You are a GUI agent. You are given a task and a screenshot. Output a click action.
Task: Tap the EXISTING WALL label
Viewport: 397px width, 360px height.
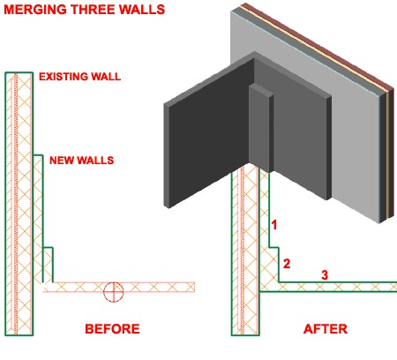(x=79, y=78)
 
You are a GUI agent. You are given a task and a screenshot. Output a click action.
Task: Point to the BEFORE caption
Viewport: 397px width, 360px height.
(x=112, y=329)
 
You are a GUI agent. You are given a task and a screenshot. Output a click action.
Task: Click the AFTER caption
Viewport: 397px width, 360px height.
(x=325, y=329)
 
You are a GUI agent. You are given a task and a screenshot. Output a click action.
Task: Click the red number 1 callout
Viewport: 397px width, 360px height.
(x=274, y=225)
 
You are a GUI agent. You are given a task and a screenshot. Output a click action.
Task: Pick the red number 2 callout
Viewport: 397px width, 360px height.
(x=285, y=263)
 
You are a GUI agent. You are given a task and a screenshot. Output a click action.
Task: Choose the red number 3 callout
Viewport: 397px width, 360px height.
(x=324, y=275)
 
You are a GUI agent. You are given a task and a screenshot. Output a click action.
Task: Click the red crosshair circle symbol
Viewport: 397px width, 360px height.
(x=111, y=289)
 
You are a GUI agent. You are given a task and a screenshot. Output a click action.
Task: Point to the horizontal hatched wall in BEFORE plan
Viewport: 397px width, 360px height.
(x=150, y=288)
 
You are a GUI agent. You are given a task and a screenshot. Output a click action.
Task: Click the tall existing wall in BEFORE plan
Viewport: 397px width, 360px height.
(x=19, y=203)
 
